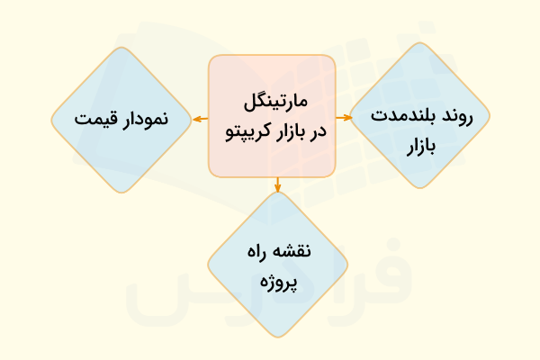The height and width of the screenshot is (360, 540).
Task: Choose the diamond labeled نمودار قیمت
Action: [x=121, y=119]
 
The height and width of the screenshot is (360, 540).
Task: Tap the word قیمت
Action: [x=94, y=119]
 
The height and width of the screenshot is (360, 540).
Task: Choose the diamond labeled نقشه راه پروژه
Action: [x=277, y=265]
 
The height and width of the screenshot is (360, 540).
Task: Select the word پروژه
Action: [x=277, y=282]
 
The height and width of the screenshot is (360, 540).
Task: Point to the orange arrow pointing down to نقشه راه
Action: [x=277, y=185]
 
